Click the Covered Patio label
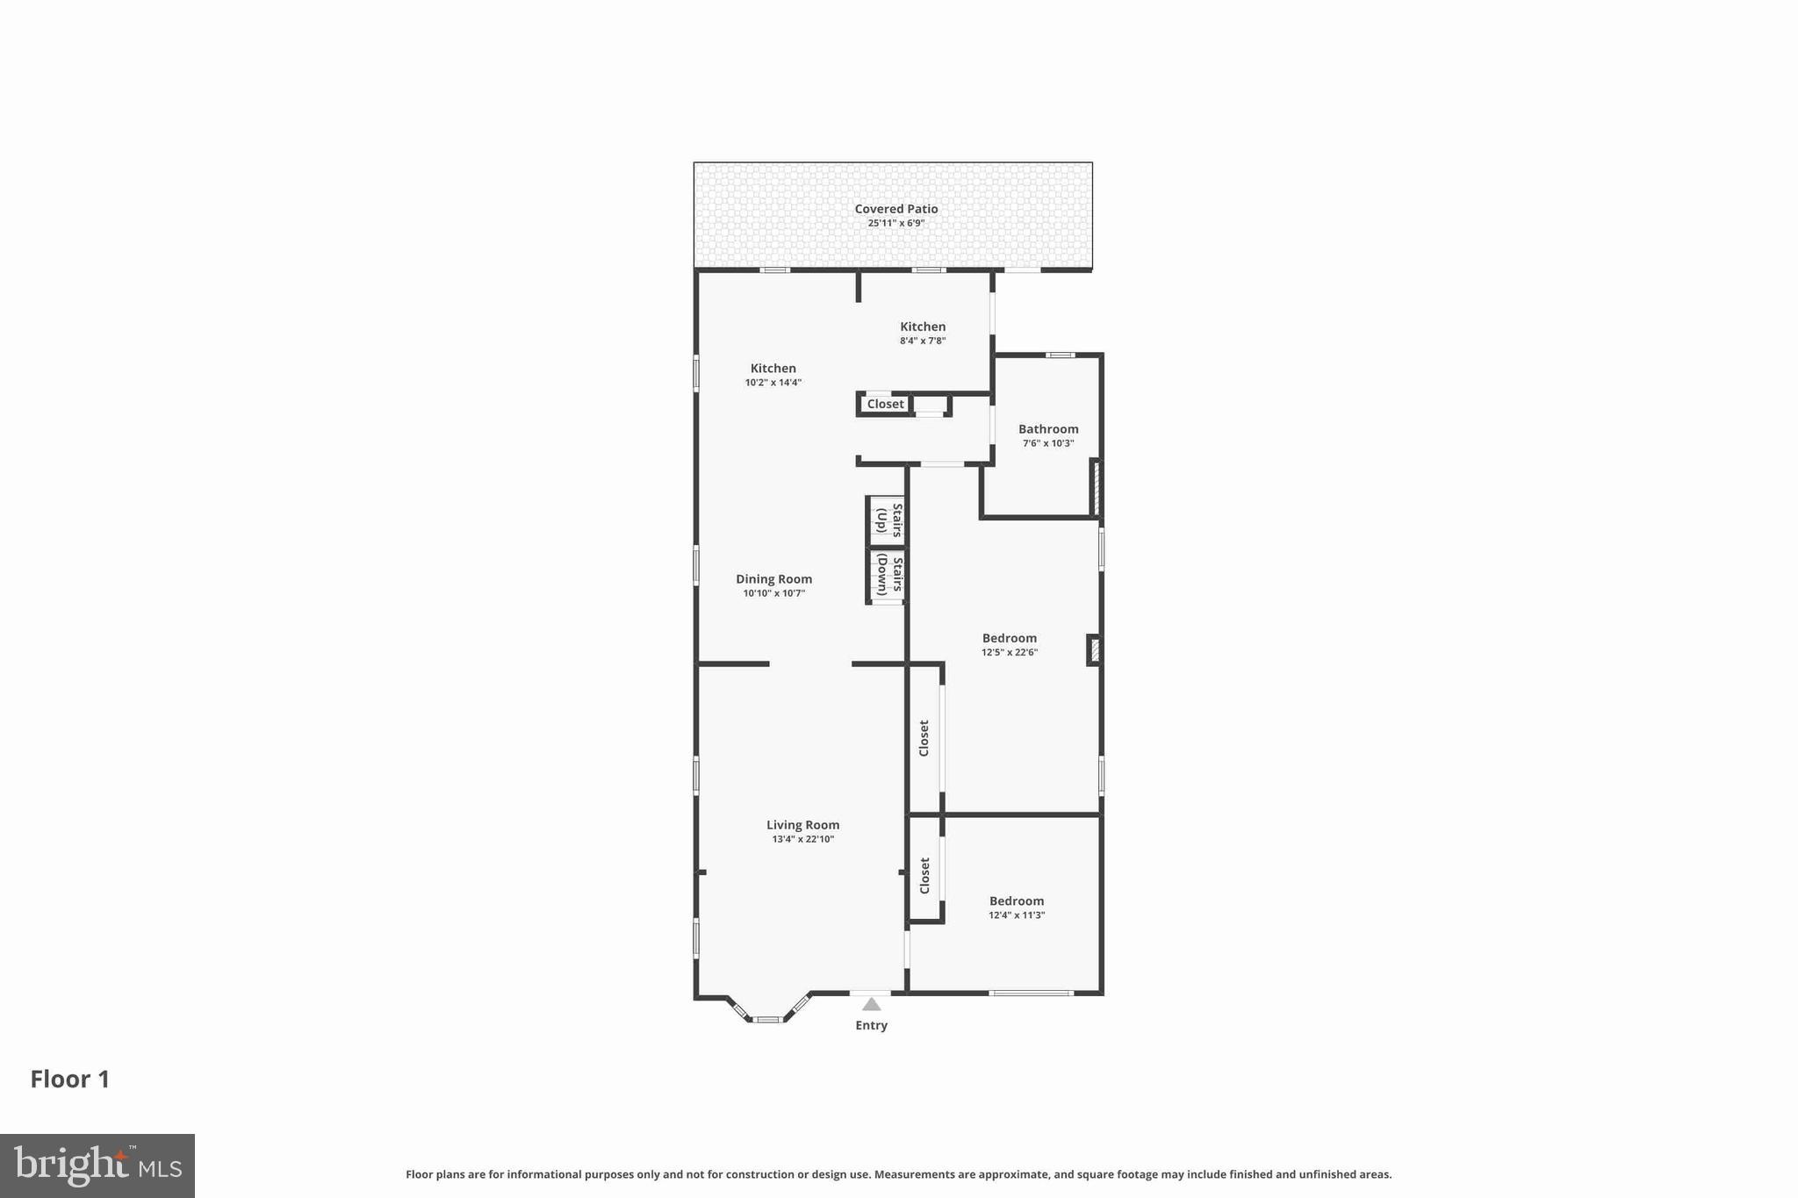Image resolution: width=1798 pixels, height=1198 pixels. point(895,209)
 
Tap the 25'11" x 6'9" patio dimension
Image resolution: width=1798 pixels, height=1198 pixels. point(895,223)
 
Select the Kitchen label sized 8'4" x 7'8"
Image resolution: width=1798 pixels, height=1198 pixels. point(922,326)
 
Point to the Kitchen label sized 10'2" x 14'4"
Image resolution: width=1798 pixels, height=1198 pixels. point(773,369)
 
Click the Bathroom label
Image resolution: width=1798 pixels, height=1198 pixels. point(1047,429)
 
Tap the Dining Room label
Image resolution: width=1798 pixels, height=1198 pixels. point(773,579)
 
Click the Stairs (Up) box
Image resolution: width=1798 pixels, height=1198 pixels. point(888,520)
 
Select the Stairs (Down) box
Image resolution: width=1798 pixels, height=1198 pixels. point(888,575)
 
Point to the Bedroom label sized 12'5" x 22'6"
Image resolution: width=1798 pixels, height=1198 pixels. point(1009,638)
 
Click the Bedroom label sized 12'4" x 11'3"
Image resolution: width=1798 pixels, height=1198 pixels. point(1016,900)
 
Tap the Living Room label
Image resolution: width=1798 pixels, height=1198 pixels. point(802,825)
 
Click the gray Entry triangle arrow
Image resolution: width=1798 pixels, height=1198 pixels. point(871,1004)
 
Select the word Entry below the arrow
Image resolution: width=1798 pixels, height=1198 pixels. point(871,1025)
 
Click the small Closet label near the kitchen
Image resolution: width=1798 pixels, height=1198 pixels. point(885,404)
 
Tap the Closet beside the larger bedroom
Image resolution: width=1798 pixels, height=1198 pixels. point(924,738)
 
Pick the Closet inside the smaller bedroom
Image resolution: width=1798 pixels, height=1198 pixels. point(924,876)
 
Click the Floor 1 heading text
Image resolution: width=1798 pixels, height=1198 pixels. point(70,1079)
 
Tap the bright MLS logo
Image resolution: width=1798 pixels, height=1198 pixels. point(97,1166)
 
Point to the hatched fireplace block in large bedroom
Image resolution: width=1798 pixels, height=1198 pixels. point(1094,650)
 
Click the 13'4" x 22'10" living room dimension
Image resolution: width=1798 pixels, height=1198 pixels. point(802,839)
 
